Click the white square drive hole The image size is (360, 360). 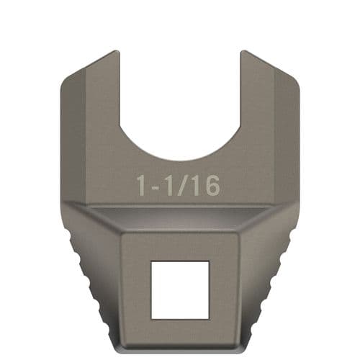coord(179,289)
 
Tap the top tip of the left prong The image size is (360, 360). coord(115,53)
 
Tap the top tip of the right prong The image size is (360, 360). coord(244,53)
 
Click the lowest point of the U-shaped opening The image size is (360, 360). coord(180,160)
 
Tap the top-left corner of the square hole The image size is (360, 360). coord(151,262)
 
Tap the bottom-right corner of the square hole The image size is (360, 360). coord(208,318)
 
